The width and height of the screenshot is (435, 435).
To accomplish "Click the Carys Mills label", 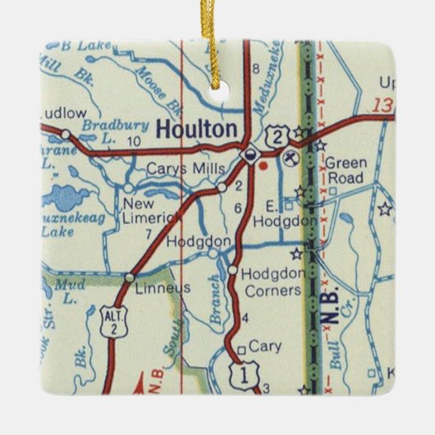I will (x=179, y=169).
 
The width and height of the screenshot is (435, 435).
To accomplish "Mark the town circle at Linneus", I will (x=129, y=278).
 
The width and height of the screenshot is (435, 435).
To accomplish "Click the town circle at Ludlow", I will (x=65, y=130).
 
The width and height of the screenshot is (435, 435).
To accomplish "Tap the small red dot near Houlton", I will (x=263, y=164).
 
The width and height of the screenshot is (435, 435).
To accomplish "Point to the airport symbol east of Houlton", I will (x=289, y=157).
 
